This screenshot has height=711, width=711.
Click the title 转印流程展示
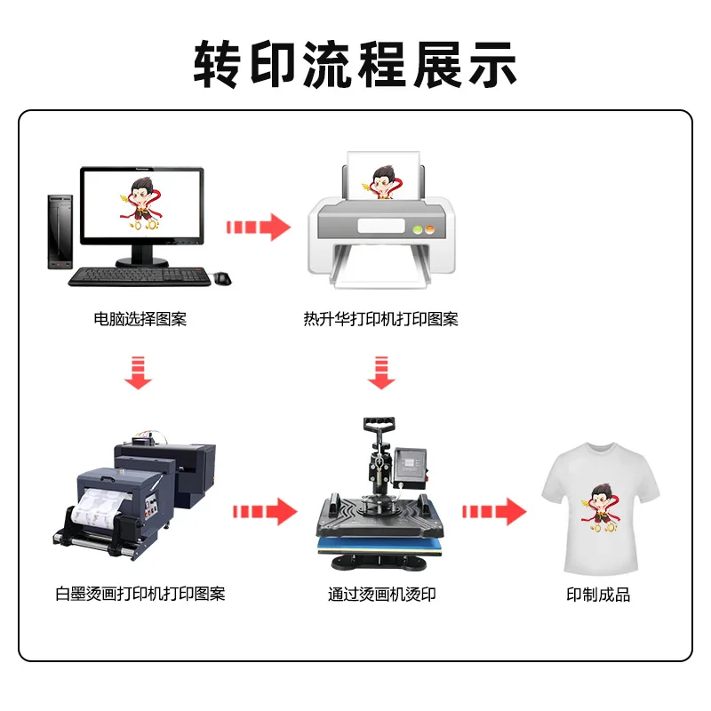tap(355, 64)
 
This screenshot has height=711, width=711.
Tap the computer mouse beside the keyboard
tap(223, 278)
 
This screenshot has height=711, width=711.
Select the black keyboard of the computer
tap(140, 276)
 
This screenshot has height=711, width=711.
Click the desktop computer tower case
tap(60, 232)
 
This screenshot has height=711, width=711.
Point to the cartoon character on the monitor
tap(141, 204)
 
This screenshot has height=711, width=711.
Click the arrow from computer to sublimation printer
tap(259, 227)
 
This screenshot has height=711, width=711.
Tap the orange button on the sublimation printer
tap(429, 229)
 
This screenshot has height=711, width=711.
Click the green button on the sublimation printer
tap(418, 229)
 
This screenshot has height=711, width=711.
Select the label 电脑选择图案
tap(140, 319)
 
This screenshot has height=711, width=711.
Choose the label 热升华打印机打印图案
tap(381, 319)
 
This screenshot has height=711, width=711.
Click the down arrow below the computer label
tap(138, 372)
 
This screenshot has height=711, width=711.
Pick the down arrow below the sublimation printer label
tap(381, 372)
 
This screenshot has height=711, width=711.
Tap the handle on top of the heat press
tap(379, 425)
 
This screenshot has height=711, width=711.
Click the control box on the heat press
tap(411, 467)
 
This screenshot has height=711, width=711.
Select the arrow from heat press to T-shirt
tap(494, 512)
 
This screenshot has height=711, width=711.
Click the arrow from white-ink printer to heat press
tap(265, 512)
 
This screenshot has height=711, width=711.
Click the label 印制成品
tap(598, 595)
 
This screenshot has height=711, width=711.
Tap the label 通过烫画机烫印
tap(382, 594)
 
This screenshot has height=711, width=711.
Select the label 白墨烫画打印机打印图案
tap(140, 594)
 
